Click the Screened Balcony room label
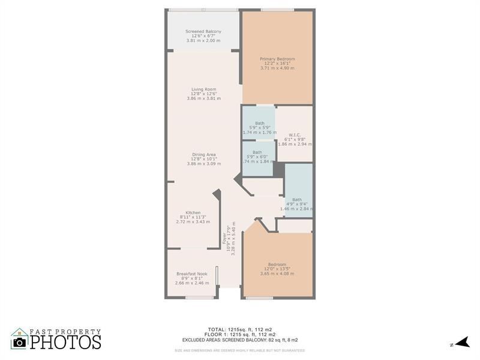point(203,31)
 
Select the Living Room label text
point(203,89)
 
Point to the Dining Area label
point(203,154)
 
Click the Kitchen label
point(193,213)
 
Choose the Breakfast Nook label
point(191,274)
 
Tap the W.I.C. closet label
point(294,134)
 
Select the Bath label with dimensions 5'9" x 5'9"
point(259,123)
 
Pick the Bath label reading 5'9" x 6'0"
point(257,152)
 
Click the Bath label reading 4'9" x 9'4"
point(297,200)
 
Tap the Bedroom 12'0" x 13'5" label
point(277,265)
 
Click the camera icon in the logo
point(19,341)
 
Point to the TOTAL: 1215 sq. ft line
point(239,329)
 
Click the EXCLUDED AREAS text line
point(240,340)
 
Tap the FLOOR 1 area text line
point(239,334)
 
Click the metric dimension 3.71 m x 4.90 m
point(277,68)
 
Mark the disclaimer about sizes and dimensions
point(239,350)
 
